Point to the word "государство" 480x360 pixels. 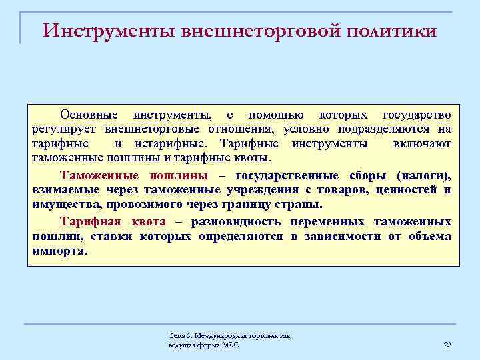[x=416, y=115]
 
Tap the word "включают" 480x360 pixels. [x=422, y=143]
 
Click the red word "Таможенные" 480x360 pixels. [x=99, y=175]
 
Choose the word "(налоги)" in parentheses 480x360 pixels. [x=423, y=175]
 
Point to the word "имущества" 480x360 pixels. [x=65, y=205]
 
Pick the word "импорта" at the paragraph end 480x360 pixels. [x=59, y=252]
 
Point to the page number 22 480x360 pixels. [x=447, y=344]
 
